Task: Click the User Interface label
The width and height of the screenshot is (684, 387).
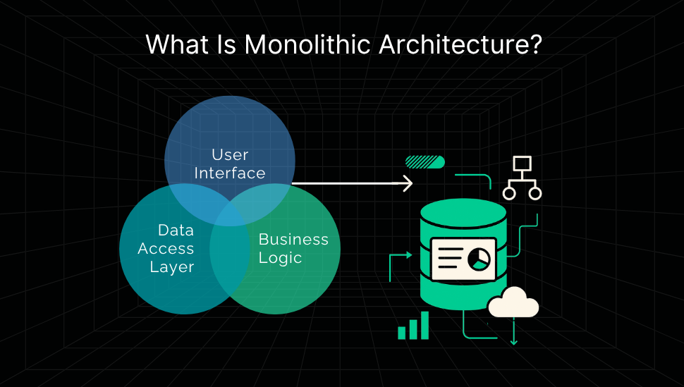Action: [x=230, y=164]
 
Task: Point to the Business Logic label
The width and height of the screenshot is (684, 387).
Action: [x=293, y=248]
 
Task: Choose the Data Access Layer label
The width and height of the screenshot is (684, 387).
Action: [x=166, y=249]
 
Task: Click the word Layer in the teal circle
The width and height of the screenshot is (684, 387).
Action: [x=171, y=267]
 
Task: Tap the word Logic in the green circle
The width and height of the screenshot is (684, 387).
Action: [x=280, y=258]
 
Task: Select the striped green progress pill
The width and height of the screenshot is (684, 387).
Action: [x=425, y=162]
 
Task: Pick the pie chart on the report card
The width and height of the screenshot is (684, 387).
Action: [x=481, y=259]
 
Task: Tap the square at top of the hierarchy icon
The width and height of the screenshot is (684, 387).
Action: [x=522, y=164]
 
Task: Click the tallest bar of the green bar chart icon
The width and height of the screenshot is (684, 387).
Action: [x=425, y=325]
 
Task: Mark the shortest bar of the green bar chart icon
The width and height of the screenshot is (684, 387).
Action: [x=402, y=332]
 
